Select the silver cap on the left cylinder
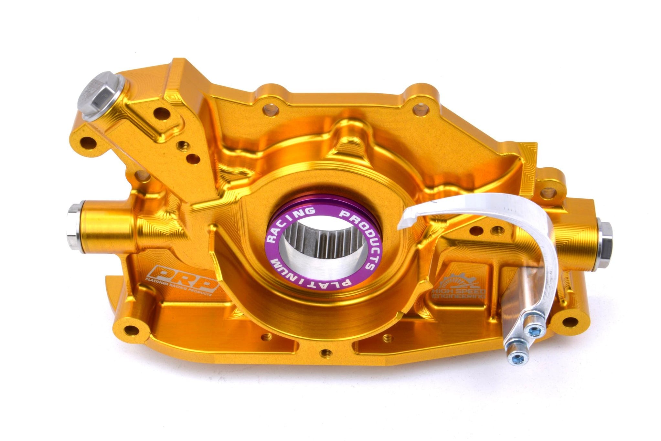point(74,223)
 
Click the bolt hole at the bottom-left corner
point(130,330)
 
